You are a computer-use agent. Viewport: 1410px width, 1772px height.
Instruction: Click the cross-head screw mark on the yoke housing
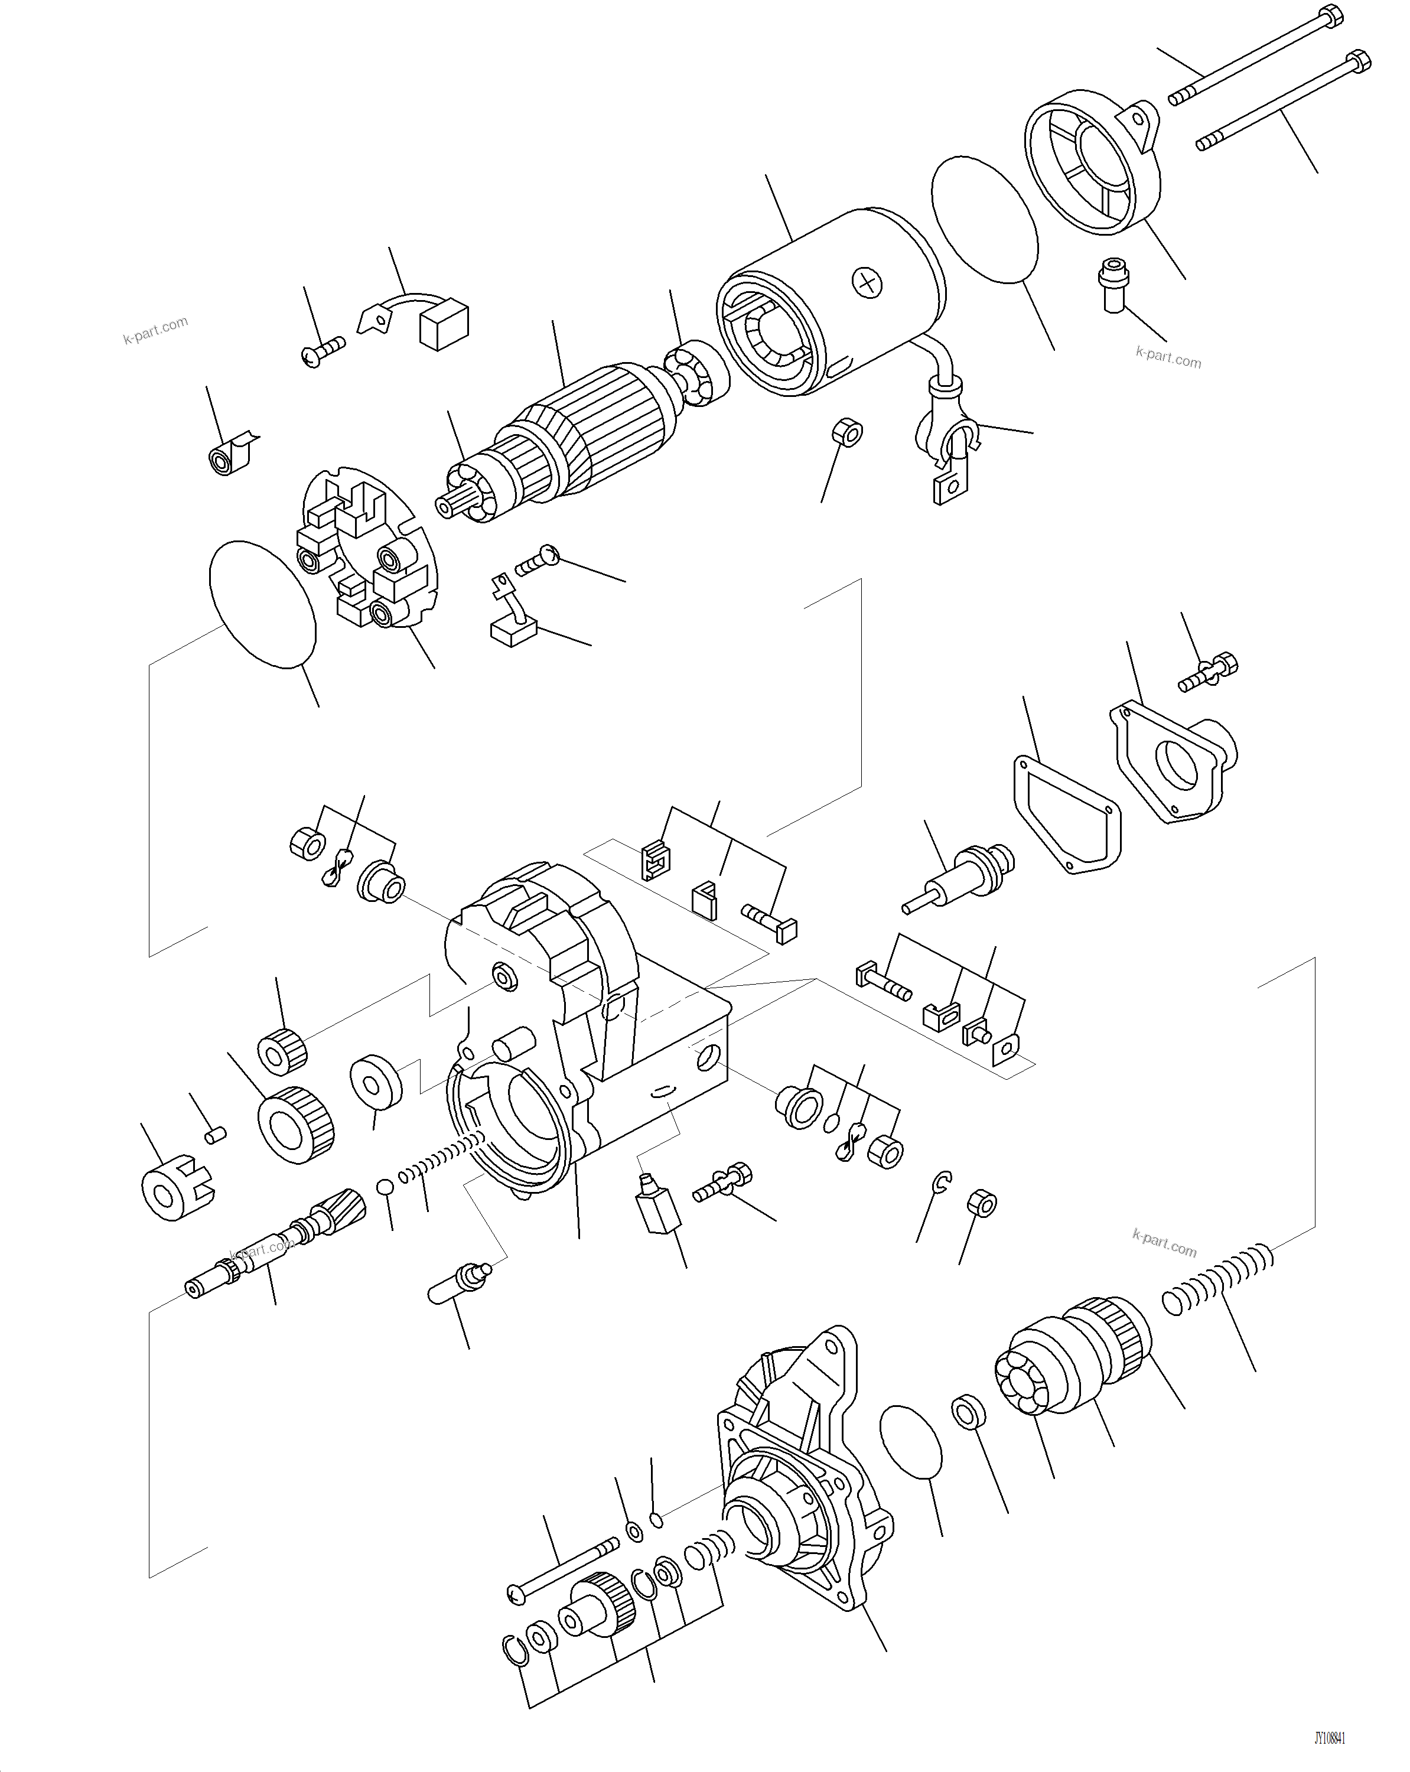pos(867,283)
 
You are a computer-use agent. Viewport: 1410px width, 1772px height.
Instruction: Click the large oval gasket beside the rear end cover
pos(984,220)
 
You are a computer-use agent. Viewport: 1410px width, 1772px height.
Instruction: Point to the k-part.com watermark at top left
pos(155,330)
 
